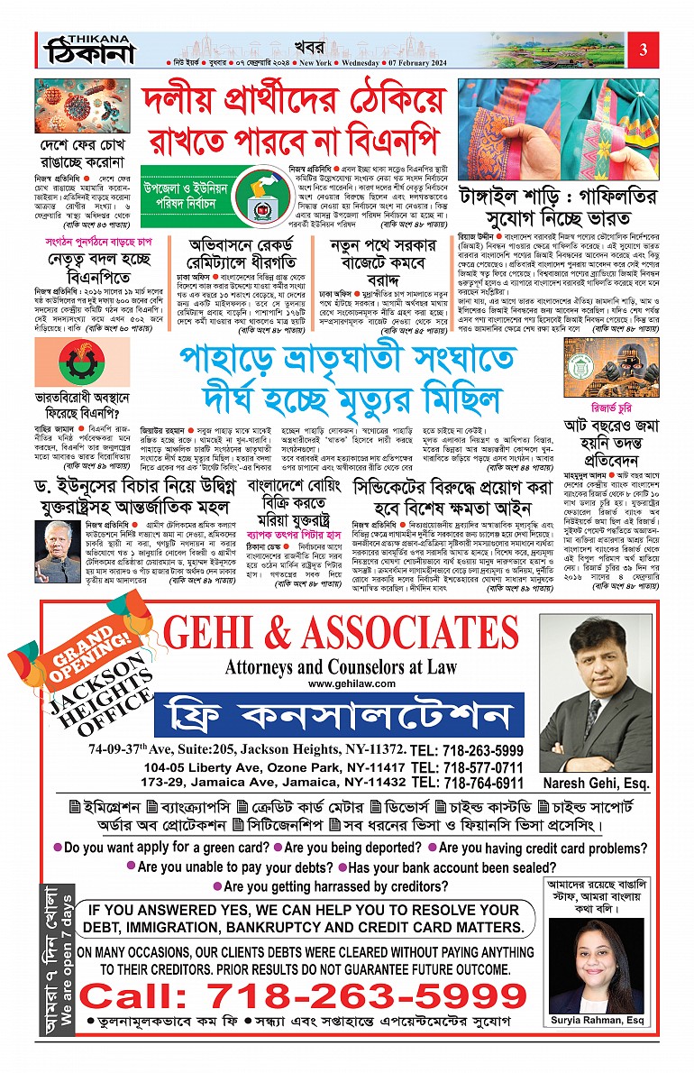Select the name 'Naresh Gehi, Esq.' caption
pyautogui.click(x=596, y=765)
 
